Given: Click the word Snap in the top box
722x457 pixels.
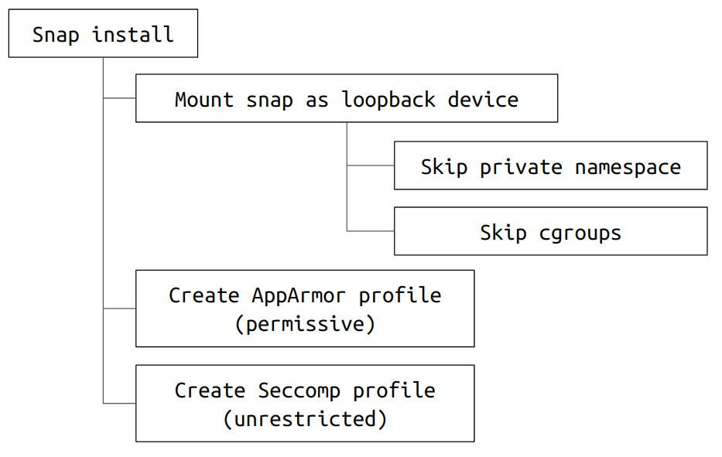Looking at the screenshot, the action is pyautogui.click(x=56, y=36).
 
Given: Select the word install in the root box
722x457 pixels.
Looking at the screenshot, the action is pyautogui.click(x=133, y=34).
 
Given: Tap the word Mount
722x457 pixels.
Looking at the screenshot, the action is pyautogui.click(x=204, y=100).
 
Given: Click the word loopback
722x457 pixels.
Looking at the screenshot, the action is pyautogui.click(x=388, y=100).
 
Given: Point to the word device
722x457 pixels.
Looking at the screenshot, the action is pyautogui.click(x=483, y=100).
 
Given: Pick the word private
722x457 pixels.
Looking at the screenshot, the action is pyautogui.click(x=521, y=167).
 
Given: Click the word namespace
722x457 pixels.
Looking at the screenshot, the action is pyautogui.click(x=628, y=168).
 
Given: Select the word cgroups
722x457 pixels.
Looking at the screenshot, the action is pyautogui.click(x=580, y=234).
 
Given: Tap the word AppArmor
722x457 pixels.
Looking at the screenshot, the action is pyautogui.click(x=299, y=296).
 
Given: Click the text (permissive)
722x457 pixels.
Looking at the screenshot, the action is pyautogui.click(x=305, y=324).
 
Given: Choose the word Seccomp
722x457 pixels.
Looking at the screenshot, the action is pyautogui.click(x=299, y=391).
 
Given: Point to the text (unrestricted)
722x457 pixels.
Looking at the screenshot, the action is pyautogui.click(x=305, y=419).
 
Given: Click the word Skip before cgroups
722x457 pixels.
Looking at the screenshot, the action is pyautogui.click(x=503, y=234).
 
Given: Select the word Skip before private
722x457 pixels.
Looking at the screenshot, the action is pyautogui.click(x=444, y=167).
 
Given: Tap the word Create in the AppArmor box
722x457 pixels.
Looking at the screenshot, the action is pyautogui.click(x=204, y=295).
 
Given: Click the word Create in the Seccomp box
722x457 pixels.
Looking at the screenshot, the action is pyautogui.click(x=210, y=390).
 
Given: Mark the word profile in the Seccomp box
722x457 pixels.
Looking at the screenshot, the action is pyautogui.click(x=394, y=391).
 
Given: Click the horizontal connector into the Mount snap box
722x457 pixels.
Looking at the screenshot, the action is pyautogui.click(x=120, y=98).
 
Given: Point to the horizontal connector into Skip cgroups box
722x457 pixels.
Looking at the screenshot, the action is pyautogui.click(x=371, y=231).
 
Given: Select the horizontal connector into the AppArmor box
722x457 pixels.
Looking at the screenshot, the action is pyautogui.click(x=120, y=309).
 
